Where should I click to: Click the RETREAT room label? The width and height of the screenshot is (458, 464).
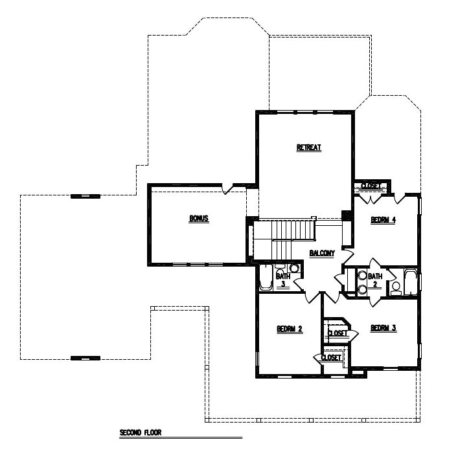pyautogui.click(x=308, y=148)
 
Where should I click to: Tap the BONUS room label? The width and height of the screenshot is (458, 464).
pyautogui.click(x=198, y=219)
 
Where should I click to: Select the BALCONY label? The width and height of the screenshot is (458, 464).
pyautogui.click(x=322, y=253)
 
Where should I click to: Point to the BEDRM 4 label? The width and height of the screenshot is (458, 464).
pyautogui.click(x=383, y=220)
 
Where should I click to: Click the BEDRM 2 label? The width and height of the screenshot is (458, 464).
pyautogui.click(x=290, y=329)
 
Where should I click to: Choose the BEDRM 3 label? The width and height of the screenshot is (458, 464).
pyautogui.click(x=383, y=328)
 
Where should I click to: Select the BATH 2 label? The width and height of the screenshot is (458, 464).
pyautogui.click(x=374, y=281)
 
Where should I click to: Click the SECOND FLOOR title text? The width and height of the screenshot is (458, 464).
pyautogui.click(x=140, y=432)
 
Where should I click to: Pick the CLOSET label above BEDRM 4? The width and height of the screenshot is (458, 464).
pyautogui.click(x=371, y=186)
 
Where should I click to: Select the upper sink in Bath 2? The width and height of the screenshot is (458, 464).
pyautogui.click(x=362, y=275)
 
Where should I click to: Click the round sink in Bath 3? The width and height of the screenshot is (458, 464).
pyautogui.click(x=294, y=268)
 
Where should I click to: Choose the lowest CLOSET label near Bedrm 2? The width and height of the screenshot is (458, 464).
pyautogui.click(x=331, y=357)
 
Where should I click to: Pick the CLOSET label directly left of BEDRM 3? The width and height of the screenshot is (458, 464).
pyautogui.click(x=338, y=333)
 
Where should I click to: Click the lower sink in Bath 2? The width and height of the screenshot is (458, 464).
pyautogui.click(x=362, y=289)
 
